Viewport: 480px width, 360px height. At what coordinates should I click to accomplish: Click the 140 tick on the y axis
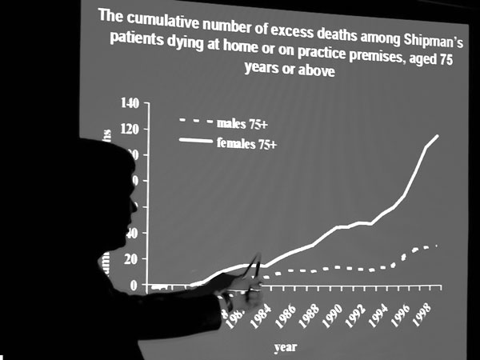coord(129,103)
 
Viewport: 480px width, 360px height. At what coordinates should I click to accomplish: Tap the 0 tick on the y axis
coord(134,285)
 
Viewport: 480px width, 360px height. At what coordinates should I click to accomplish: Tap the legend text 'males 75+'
coord(242,123)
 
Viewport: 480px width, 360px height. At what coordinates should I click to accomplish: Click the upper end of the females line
coord(438,136)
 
